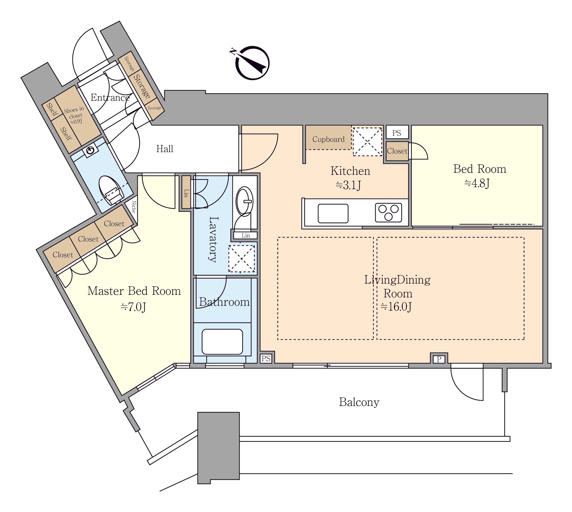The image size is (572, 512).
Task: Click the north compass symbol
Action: point(252,63)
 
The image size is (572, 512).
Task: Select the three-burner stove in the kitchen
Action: point(388,213)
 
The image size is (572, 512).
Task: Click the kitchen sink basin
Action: point(333,213)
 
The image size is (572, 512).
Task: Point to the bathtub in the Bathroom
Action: point(222,341)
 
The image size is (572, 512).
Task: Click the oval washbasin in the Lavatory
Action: point(244,201)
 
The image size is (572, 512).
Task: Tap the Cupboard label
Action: point(328,139)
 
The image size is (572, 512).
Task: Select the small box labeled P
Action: point(439,359)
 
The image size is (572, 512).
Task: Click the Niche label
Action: point(134,207)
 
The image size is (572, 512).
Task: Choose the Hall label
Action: point(164,149)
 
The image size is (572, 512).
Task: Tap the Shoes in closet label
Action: point(74,115)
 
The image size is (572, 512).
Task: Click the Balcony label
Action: point(359,402)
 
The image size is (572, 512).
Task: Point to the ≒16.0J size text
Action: point(396,307)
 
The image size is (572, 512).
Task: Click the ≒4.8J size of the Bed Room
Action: point(477,183)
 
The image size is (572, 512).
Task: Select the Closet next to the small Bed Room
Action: point(397,151)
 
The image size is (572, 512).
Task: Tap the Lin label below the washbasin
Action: point(245,236)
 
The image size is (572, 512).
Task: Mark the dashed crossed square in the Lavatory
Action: point(242,259)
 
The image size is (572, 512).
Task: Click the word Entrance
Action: point(110,98)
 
